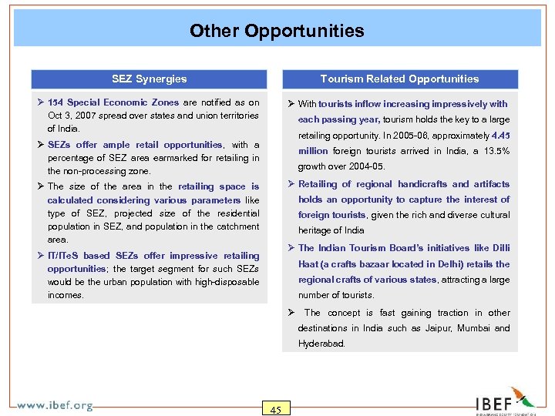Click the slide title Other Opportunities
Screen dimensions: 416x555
277,31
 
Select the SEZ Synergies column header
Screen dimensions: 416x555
149,79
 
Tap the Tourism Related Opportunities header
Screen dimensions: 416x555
399,79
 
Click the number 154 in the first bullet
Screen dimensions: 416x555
55,102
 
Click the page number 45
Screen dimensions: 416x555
275,409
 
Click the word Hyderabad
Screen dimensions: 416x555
321,344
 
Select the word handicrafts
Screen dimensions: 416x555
422,184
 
